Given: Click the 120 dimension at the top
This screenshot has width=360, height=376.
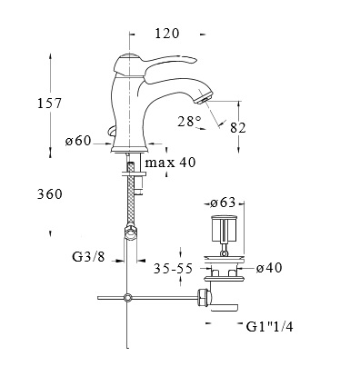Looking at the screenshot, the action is coord(167,34).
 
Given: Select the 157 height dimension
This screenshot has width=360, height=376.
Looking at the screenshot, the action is coord(49,104).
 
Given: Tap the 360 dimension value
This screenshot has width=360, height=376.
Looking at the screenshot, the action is coord(50,194).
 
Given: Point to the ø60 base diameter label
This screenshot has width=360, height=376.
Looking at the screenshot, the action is coord(78,141).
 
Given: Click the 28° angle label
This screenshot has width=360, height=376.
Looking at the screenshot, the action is coord(190,122).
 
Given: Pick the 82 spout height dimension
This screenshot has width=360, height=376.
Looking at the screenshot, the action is coord(238,128).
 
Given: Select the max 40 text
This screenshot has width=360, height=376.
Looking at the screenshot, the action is coord(170,163).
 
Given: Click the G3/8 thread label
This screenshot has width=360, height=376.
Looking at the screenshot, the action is coord(88,257).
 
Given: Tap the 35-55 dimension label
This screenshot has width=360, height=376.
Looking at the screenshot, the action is coord(173,269).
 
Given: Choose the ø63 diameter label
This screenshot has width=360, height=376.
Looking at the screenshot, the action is coord(223,203).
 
